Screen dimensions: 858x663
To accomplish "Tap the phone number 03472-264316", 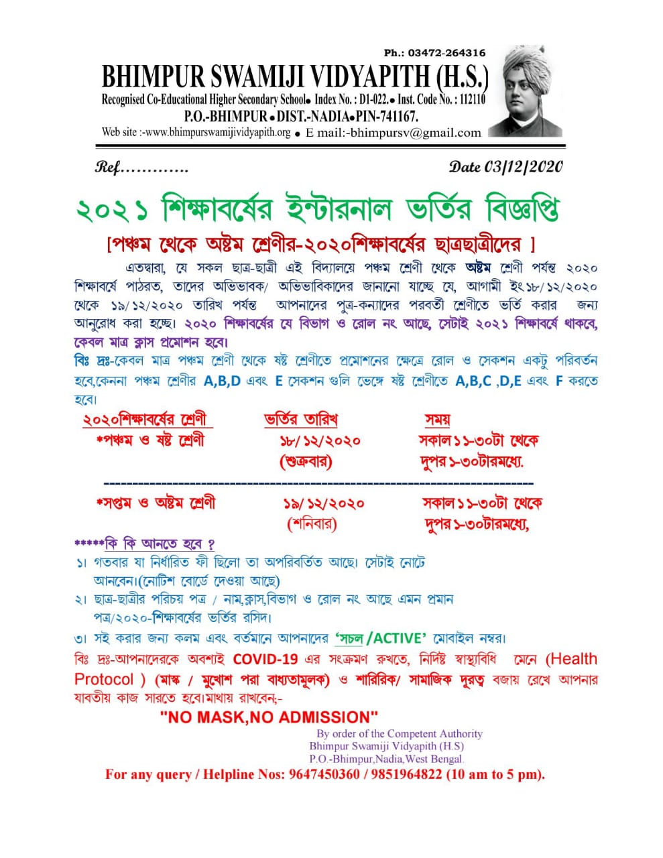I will (x=446, y=53).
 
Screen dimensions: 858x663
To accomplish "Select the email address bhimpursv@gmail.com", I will (x=415, y=133).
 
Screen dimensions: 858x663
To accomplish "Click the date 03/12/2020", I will (x=524, y=167).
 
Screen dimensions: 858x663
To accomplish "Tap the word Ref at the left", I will (x=107, y=168).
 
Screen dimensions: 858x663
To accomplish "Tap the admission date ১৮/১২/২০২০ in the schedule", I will (x=320, y=441).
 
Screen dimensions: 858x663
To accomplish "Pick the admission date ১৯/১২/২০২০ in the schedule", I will (x=324, y=503).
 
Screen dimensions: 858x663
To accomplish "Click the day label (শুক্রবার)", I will (x=305, y=462).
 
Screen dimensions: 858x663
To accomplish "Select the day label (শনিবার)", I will (x=312, y=524).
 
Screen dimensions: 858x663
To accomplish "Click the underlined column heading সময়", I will (x=437, y=420).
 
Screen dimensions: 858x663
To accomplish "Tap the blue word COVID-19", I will (x=265, y=659).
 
